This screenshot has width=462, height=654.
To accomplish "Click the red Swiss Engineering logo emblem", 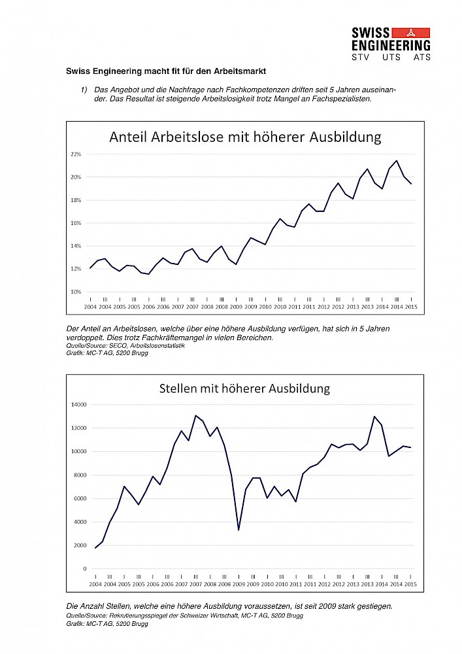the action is [x=411, y=33].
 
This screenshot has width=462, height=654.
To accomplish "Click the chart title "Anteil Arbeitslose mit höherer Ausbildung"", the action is [x=245, y=137].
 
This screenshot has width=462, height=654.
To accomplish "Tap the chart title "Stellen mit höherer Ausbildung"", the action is [x=244, y=388].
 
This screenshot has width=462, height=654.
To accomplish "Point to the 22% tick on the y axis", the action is [x=76, y=154].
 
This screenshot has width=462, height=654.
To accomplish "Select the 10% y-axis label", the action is [x=76, y=292].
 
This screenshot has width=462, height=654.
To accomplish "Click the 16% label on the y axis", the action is [x=76, y=223].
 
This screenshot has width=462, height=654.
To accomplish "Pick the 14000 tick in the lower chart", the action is [x=78, y=405].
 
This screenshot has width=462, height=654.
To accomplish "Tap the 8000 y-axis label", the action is [x=80, y=475].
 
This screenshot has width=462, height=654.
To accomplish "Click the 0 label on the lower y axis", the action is [x=85, y=569].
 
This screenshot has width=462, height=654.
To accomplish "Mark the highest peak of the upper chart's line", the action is [x=397, y=161].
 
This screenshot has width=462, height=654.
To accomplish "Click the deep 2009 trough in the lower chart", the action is [x=239, y=530].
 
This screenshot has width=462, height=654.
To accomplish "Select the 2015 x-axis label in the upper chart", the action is [x=411, y=307].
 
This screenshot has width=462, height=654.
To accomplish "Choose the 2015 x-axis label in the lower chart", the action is [x=410, y=584].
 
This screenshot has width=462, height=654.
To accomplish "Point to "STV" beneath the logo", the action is [x=360, y=57].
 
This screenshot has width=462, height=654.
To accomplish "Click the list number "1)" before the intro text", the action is [x=84, y=90].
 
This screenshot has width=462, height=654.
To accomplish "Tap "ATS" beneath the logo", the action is [x=422, y=57].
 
